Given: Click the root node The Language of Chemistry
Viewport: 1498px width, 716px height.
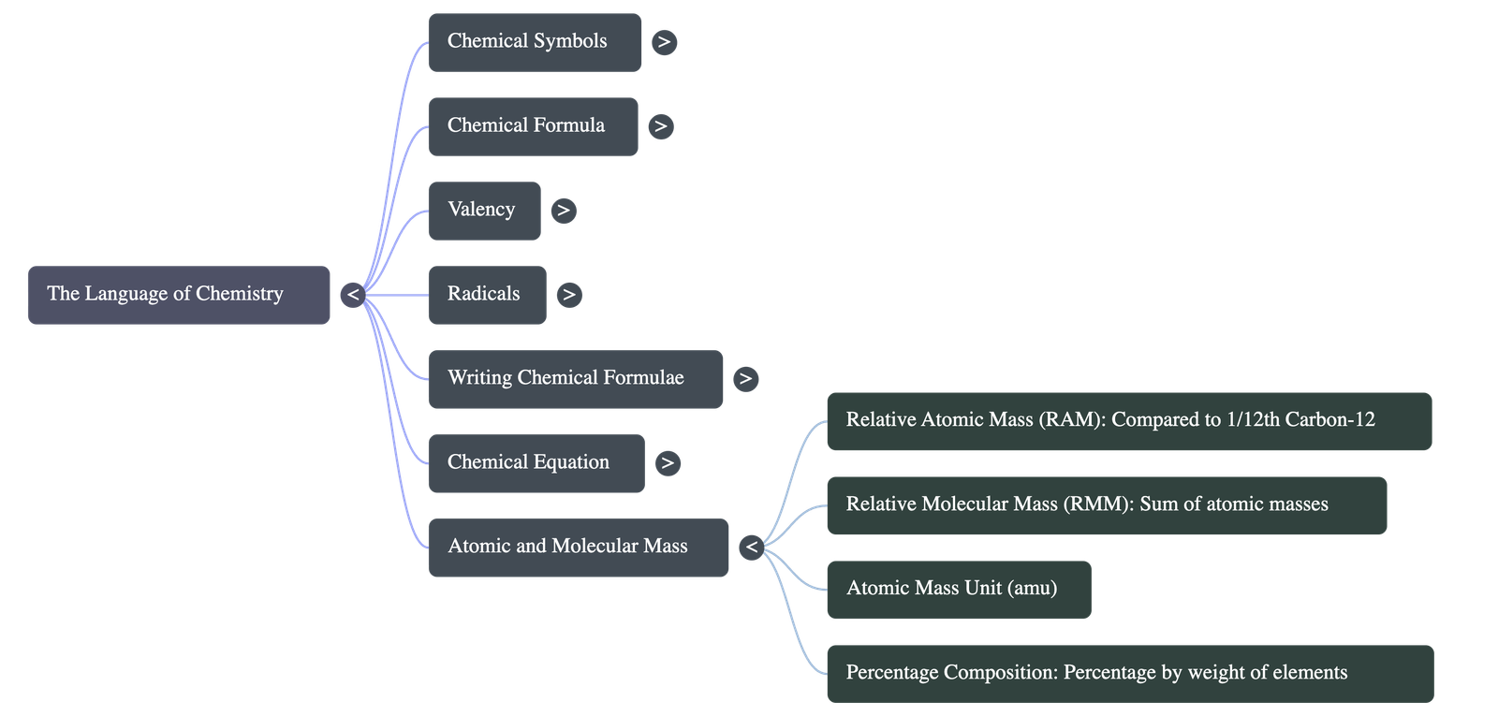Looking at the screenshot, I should (179, 295).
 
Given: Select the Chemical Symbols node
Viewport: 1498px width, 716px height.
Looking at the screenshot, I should (535, 42).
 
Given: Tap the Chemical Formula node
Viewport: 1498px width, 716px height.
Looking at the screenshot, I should (533, 126).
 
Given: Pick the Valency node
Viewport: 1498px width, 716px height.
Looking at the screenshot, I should (484, 211).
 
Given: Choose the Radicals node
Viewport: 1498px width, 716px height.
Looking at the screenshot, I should (487, 295).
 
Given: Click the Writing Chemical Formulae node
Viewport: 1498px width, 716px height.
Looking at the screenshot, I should (575, 379).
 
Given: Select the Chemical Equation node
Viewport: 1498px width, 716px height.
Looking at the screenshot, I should (536, 463).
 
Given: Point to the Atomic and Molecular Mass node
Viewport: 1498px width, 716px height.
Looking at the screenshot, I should (578, 548).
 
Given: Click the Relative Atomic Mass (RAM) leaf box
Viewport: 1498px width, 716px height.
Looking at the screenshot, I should (1128, 421).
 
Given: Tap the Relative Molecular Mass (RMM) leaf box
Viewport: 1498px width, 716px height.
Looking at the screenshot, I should (1106, 505).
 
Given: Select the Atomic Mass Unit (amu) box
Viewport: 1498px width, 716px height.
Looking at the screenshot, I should (958, 590).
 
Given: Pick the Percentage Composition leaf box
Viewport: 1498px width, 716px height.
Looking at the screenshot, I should (1129, 674).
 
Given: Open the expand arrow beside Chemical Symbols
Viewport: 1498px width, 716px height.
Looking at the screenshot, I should (664, 42).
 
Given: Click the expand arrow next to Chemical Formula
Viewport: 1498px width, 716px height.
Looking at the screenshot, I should (661, 126).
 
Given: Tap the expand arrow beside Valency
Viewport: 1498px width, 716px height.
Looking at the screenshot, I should (563, 211).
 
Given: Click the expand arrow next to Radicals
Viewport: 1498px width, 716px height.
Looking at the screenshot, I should (568, 295).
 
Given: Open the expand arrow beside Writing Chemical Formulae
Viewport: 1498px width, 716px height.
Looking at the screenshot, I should (745, 379).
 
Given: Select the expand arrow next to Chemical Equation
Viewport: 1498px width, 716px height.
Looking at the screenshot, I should (667, 463).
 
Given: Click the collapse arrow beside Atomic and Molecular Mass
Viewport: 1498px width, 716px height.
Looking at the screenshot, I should (751, 548).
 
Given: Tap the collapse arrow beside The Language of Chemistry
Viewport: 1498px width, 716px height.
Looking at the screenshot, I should (352, 295).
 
